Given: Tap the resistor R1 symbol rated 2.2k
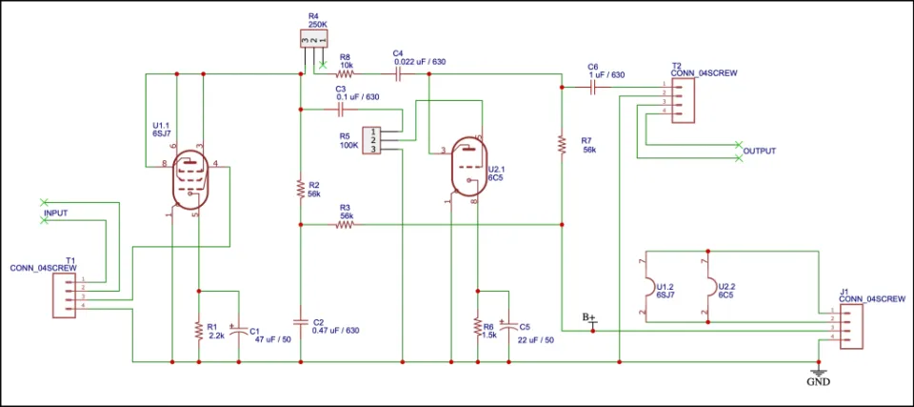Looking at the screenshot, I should pos(198,330).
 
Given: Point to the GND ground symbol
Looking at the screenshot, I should pos(817,373).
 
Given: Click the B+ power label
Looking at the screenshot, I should pos(589,316).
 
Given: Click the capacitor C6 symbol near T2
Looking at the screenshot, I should pos(594,87).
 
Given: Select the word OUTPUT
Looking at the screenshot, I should pos(760,152).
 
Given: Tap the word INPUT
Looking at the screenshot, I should pos(56,213).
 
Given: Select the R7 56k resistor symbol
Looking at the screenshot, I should pos(563,145).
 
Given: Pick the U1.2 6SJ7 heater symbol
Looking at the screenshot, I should pos(649,286).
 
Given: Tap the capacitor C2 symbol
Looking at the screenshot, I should pos(300,320).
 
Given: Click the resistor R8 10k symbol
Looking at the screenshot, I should pos(346,72).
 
